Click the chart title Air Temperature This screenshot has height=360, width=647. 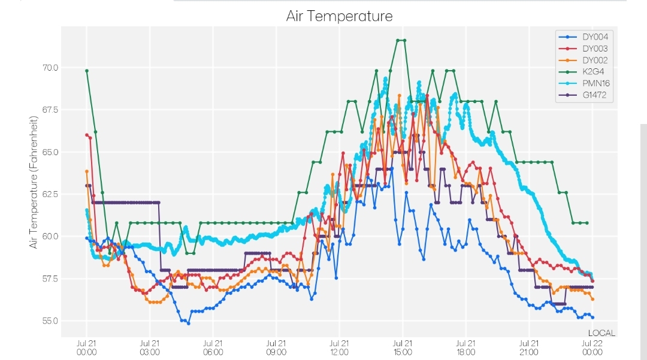click(x=339, y=16)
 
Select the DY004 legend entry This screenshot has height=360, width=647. click(x=583, y=37)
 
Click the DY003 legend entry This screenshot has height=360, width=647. click(x=583, y=49)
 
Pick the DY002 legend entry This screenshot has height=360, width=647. click(x=583, y=60)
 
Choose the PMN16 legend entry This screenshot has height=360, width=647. click(x=584, y=83)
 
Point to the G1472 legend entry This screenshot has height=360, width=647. click(x=583, y=95)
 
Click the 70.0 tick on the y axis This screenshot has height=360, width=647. click(x=50, y=68)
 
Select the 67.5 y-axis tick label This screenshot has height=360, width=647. click(x=50, y=110)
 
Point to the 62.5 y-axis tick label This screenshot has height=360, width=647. click(x=50, y=194)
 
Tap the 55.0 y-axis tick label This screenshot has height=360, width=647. click(x=50, y=321)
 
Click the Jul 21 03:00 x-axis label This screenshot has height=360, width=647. click(x=150, y=347)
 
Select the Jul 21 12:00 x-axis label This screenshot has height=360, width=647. click(x=339, y=347)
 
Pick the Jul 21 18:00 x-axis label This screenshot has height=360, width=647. click(x=465, y=347)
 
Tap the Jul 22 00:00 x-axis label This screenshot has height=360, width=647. click(x=592, y=347)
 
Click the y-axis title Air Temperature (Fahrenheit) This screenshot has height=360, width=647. click(x=34, y=182)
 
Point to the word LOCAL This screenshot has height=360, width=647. click(x=601, y=333)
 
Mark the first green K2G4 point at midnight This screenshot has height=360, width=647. click(x=87, y=71)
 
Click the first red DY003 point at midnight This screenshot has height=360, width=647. click(x=87, y=135)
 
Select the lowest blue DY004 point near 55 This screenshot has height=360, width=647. click(x=189, y=323)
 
